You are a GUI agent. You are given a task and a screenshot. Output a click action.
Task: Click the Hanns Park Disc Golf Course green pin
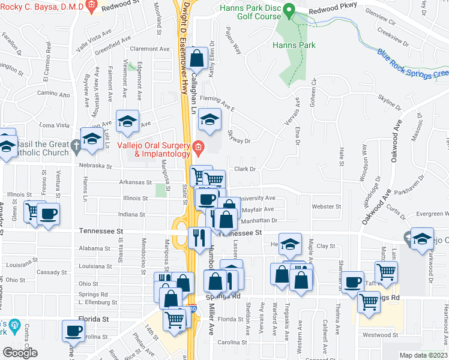tap(289, 11)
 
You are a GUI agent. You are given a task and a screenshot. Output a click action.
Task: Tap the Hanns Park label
tap(294, 45)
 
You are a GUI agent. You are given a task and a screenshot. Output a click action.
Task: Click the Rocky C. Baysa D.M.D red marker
tap(91, 6)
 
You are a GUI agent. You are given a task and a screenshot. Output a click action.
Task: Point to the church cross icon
tap(75, 145)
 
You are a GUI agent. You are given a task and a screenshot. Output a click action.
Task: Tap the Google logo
tap(20, 353)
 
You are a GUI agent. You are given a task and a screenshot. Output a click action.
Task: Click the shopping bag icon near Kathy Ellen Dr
tap(196, 59)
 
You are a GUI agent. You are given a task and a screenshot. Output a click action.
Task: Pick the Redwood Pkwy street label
tap(333, 9)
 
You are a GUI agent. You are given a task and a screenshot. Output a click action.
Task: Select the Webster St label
tap(326, 206)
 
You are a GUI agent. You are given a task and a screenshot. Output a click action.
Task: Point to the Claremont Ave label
tap(151, 49)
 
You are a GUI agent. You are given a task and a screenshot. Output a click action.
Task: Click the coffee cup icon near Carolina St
tap(74, 330)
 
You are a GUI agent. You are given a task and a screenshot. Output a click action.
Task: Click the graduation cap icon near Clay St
tap(291, 245)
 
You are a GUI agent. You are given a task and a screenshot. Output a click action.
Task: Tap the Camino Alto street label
tap(54, 94)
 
